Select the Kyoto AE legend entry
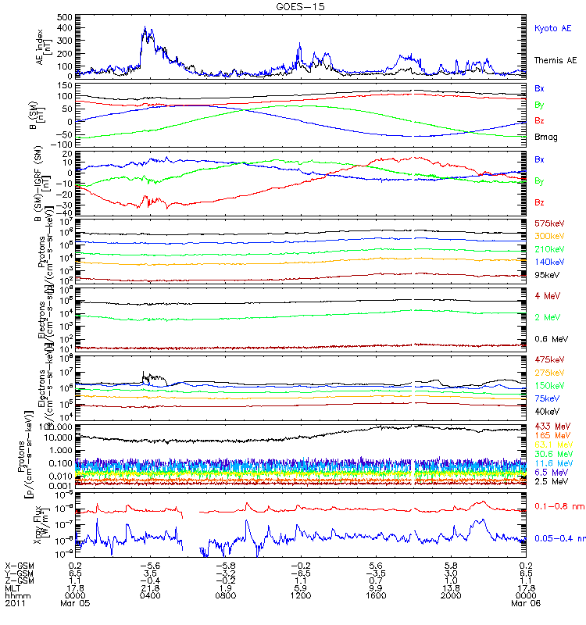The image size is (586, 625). point(552,28)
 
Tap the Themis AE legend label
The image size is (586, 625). point(555,60)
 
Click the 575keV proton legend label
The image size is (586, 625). point(548,223)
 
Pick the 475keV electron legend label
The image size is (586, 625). point(548,359)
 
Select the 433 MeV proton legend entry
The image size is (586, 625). point(550,426)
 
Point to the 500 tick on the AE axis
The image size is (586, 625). point(65,16)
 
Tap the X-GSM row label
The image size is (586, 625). point(18,564)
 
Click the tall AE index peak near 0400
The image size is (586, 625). point(145,28)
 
